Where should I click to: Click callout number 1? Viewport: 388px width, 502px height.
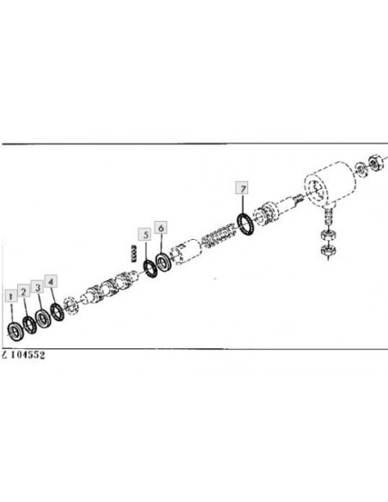11,297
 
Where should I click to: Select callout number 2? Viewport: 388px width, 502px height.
24,291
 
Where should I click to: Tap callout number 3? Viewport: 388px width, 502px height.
38,287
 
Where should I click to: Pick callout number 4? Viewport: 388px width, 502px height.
52,281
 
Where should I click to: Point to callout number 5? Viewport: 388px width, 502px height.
145,235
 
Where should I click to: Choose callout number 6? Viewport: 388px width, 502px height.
161,228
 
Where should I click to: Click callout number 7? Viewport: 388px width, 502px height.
242,188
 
